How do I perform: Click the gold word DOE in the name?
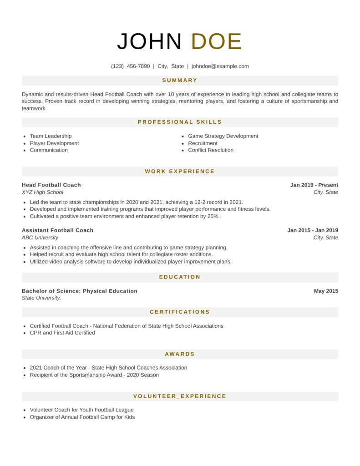[216, 42]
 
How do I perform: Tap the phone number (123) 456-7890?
[130, 66]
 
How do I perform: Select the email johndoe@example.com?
[220, 66]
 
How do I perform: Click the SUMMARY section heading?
[180, 81]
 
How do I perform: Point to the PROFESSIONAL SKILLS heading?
[180, 122]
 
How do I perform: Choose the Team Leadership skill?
[51, 136]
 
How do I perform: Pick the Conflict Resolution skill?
[211, 150]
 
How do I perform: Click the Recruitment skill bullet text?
[203, 143]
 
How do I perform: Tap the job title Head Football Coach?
[51, 185]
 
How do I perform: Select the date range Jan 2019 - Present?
[314, 185]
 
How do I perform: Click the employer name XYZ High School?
[42, 192]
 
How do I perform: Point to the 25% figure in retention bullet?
[214, 216]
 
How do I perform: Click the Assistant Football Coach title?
[57, 230]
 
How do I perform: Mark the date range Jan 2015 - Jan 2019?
[313, 230]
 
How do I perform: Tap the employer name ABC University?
[40, 238]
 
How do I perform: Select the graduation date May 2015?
[326, 291]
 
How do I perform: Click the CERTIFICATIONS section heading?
[180, 312]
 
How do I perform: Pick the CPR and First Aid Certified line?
[62, 333]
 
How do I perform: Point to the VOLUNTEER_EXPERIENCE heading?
[180, 396]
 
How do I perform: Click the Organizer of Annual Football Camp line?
[82, 417]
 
